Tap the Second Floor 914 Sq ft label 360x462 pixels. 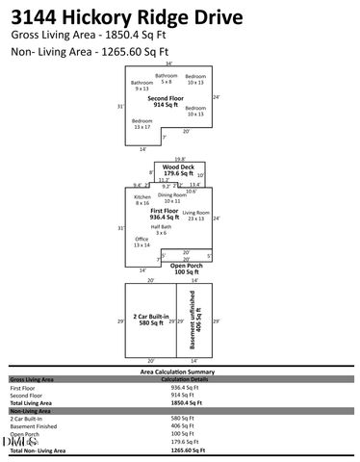pyautogui.click(x=165, y=101)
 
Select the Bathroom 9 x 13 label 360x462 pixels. pyautogui.click(x=142, y=86)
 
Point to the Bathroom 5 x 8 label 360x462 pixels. pyautogui.click(x=167, y=78)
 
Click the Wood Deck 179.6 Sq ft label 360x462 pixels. pyautogui.click(x=178, y=170)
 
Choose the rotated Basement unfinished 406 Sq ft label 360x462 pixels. pyautogui.click(x=196, y=320)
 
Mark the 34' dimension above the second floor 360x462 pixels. pyautogui.click(x=168, y=64)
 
